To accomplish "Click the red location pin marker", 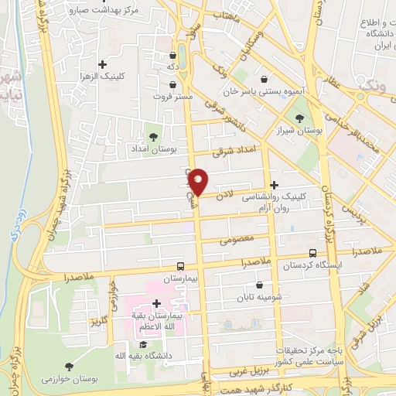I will tap(199, 181).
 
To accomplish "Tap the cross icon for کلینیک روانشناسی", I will tap(275, 185).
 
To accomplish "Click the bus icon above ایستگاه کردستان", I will tap(312, 253).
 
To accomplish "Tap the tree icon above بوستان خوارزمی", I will tap(69, 366).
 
